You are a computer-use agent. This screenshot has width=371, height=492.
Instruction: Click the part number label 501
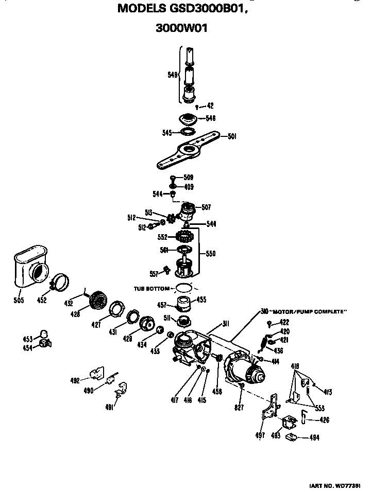232,136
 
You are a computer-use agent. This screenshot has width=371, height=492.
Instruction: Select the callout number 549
173,75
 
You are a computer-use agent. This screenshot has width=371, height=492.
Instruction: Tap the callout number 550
211,254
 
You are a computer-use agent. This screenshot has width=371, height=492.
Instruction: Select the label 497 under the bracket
260,435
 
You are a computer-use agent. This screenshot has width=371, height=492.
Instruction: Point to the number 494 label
314,438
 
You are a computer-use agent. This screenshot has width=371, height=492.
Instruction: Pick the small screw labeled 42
198,107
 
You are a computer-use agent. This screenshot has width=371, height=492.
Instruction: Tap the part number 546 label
210,118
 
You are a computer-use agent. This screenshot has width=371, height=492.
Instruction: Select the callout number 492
75,381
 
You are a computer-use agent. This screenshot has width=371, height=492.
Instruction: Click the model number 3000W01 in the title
181,29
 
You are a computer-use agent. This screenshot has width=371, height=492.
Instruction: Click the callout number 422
284,323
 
